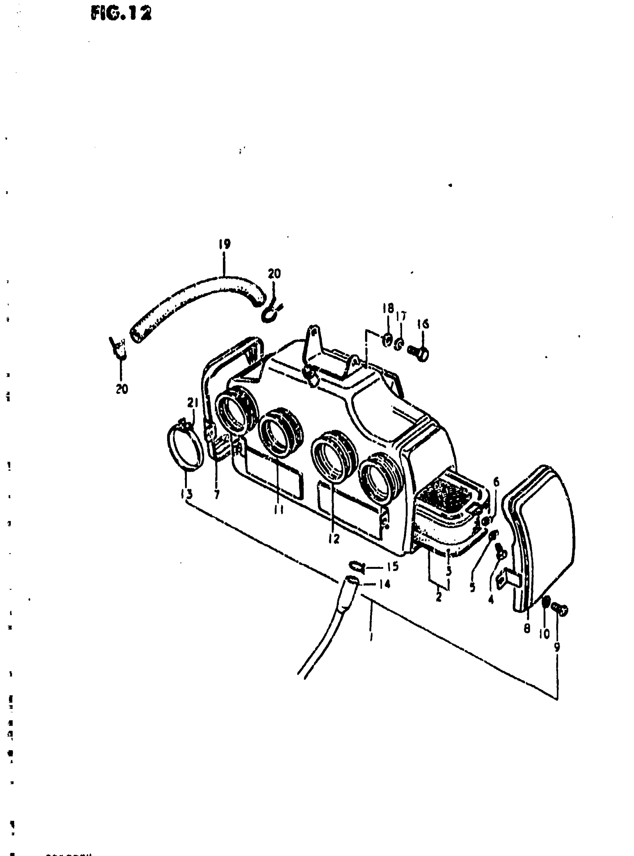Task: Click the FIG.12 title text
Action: [x=121, y=14]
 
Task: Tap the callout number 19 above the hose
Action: [x=225, y=244]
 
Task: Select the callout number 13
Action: [x=187, y=493]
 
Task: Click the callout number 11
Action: [x=279, y=510]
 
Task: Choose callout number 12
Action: [x=334, y=539]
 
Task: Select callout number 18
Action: [x=388, y=308]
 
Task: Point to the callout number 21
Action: [x=192, y=403]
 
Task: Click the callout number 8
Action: [x=527, y=628]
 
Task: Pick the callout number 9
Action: [x=557, y=647]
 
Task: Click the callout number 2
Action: [x=439, y=597]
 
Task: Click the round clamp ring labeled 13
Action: [x=185, y=448]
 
